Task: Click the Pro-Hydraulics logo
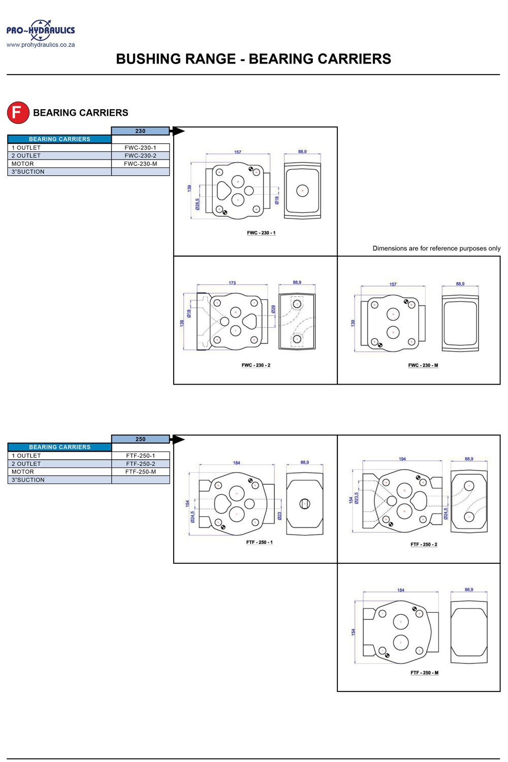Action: tap(41, 30)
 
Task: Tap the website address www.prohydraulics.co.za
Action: tap(41, 45)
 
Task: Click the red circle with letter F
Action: tap(18, 112)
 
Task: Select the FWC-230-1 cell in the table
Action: tap(140, 148)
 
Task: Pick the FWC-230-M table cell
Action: tap(140, 164)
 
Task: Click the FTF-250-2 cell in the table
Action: tap(140, 464)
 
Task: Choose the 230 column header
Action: tap(140, 131)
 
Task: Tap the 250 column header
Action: tap(140, 439)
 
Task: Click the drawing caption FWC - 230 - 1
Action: tap(261, 233)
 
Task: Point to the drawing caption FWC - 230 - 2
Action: tap(256, 365)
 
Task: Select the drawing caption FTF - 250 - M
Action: tap(424, 673)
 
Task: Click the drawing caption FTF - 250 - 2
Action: tap(424, 545)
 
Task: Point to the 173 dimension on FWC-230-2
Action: tap(232, 283)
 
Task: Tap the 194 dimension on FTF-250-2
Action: tap(402, 459)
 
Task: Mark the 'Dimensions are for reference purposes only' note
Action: tap(436, 248)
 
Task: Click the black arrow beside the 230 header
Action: tap(178, 131)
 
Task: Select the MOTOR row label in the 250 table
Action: tap(23, 472)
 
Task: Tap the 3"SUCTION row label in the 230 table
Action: tap(28, 172)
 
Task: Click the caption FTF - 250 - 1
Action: tap(259, 543)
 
